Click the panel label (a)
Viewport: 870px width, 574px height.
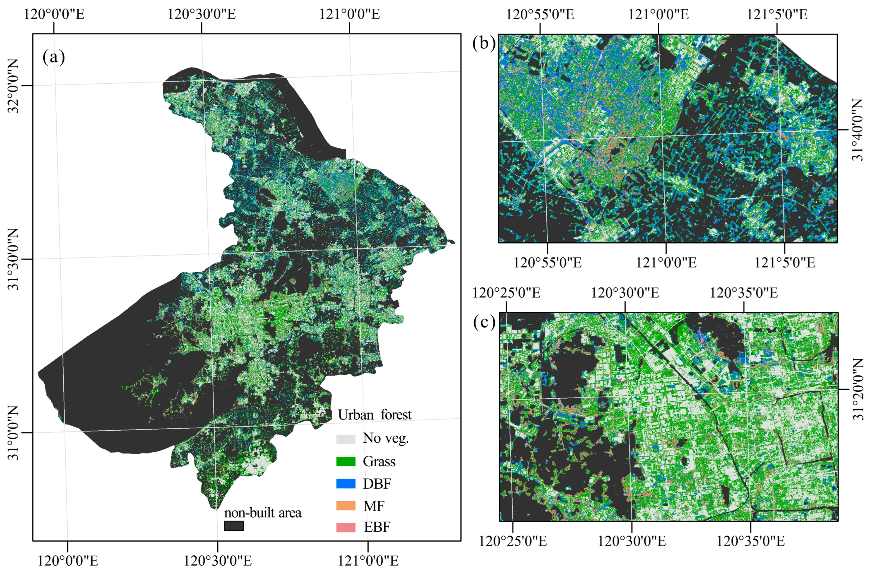point(54,57)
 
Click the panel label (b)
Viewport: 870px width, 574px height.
point(484,43)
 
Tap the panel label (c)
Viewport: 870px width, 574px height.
point(484,322)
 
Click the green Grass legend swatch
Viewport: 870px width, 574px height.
point(346,461)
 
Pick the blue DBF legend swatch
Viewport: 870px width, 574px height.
point(346,484)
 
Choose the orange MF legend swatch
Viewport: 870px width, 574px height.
point(346,506)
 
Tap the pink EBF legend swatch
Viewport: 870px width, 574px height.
point(346,527)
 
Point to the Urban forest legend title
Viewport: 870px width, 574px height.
point(374,415)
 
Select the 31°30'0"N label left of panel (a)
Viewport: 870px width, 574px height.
point(14,259)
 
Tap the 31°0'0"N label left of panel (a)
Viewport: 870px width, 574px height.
point(14,433)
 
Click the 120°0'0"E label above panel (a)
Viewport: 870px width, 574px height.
point(54,14)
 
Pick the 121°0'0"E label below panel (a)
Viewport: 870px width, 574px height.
point(368,560)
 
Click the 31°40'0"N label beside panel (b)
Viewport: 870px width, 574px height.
point(857,130)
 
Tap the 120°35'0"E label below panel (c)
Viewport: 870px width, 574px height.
point(750,541)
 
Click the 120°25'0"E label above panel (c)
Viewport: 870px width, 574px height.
point(506,293)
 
